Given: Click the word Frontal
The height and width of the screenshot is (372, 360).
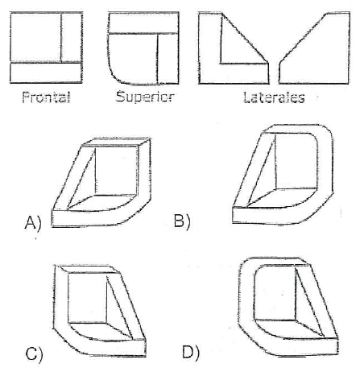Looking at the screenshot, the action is pyautogui.click(x=46, y=97).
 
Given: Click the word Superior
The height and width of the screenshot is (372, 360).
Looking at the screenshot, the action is pyautogui.click(x=145, y=97).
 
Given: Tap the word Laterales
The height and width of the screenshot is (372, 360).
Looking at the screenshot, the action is pyautogui.click(x=274, y=97).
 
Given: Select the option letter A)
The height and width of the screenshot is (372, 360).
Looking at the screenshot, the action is pyautogui.click(x=33, y=223).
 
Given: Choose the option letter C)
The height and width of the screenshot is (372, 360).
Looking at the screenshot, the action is pyautogui.click(x=34, y=354).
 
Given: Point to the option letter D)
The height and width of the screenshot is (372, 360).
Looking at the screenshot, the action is pyautogui.click(x=191, y=352).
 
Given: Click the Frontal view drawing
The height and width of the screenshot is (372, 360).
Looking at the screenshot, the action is pyautogui.click(x=46, y=48).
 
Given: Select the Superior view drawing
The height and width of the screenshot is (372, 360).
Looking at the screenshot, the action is pyautogui.click(x=143, y=48).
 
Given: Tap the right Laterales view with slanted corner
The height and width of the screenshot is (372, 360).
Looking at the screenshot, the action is pyautogui.click(x=314, y=48).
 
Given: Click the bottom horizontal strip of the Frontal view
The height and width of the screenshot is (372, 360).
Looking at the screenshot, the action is pyautogui.click(x=46, y=72).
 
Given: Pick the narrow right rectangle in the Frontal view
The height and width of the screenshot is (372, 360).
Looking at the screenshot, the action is pyautogui.click(x=72, y=38).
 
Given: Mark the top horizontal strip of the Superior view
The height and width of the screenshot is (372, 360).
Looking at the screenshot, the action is pyautogui.click(x=143, y=23).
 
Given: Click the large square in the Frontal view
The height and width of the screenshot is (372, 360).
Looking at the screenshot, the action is pyautogui.click(x=35, y=38).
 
